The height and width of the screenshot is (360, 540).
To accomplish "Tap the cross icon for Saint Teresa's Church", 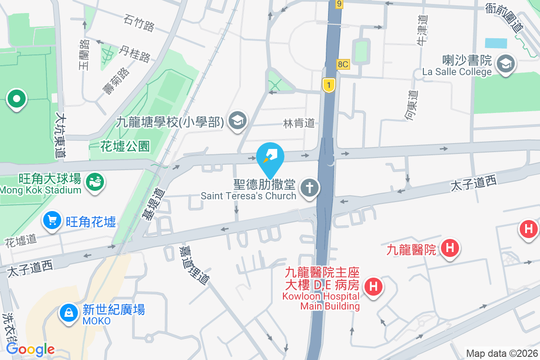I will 309,189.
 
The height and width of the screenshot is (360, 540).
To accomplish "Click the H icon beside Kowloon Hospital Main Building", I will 373,287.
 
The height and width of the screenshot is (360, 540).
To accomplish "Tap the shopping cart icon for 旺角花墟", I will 53,221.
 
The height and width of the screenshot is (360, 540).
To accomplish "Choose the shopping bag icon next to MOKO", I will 69,314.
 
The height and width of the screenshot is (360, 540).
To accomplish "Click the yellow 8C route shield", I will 343,64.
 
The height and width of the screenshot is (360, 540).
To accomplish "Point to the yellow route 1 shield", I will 329,85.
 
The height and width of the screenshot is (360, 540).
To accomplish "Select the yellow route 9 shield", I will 339,4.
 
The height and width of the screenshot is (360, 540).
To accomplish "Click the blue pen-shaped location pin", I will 270,157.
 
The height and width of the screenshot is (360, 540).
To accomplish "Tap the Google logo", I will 31,349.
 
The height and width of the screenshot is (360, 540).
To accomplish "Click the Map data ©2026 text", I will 502,353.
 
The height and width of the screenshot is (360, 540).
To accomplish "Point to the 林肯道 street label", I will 298,123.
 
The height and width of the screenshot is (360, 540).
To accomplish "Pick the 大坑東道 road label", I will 60,135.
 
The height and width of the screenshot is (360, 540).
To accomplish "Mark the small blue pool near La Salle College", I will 496,44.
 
